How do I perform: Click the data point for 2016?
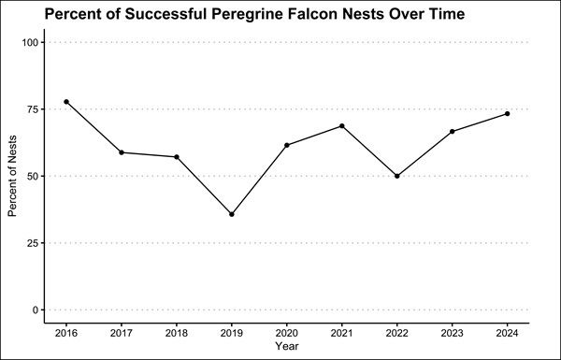point(66,102)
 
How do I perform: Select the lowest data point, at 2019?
point(232,214)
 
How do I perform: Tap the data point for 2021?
point(342,126)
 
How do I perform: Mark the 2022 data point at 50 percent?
point(397,176)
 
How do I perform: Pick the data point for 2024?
point(507,114)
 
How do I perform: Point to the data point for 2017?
point(122,152)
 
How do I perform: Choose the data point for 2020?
point(287,145)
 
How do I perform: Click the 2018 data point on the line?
point(177,157)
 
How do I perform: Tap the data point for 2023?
point(453,132)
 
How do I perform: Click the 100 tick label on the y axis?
point(30,43)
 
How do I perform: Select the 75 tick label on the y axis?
point(33,109)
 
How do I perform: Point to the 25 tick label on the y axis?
point(33,243)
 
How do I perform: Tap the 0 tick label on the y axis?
point(36,310)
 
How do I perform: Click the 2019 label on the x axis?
point(232,333)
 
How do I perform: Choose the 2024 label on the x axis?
point(507,333)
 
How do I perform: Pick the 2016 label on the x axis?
point(66,333)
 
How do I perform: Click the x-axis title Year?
point(287,347)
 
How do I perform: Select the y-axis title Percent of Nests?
point(14,176)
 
